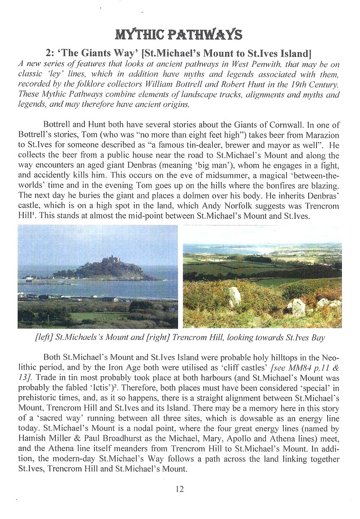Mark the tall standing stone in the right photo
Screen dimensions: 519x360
tap(234, 297)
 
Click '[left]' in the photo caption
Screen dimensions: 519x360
tap(68, 337)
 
